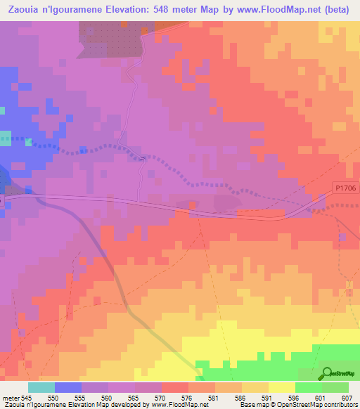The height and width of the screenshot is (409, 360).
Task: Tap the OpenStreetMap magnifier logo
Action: point(328,373)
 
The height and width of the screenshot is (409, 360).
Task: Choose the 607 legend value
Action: point(347,398)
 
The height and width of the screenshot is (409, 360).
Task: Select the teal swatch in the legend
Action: point(41,387)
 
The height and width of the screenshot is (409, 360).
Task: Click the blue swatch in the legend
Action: point(68,387)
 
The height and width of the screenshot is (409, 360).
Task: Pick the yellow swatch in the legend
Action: point(281,387)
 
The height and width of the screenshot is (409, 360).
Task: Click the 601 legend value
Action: point(320,398)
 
